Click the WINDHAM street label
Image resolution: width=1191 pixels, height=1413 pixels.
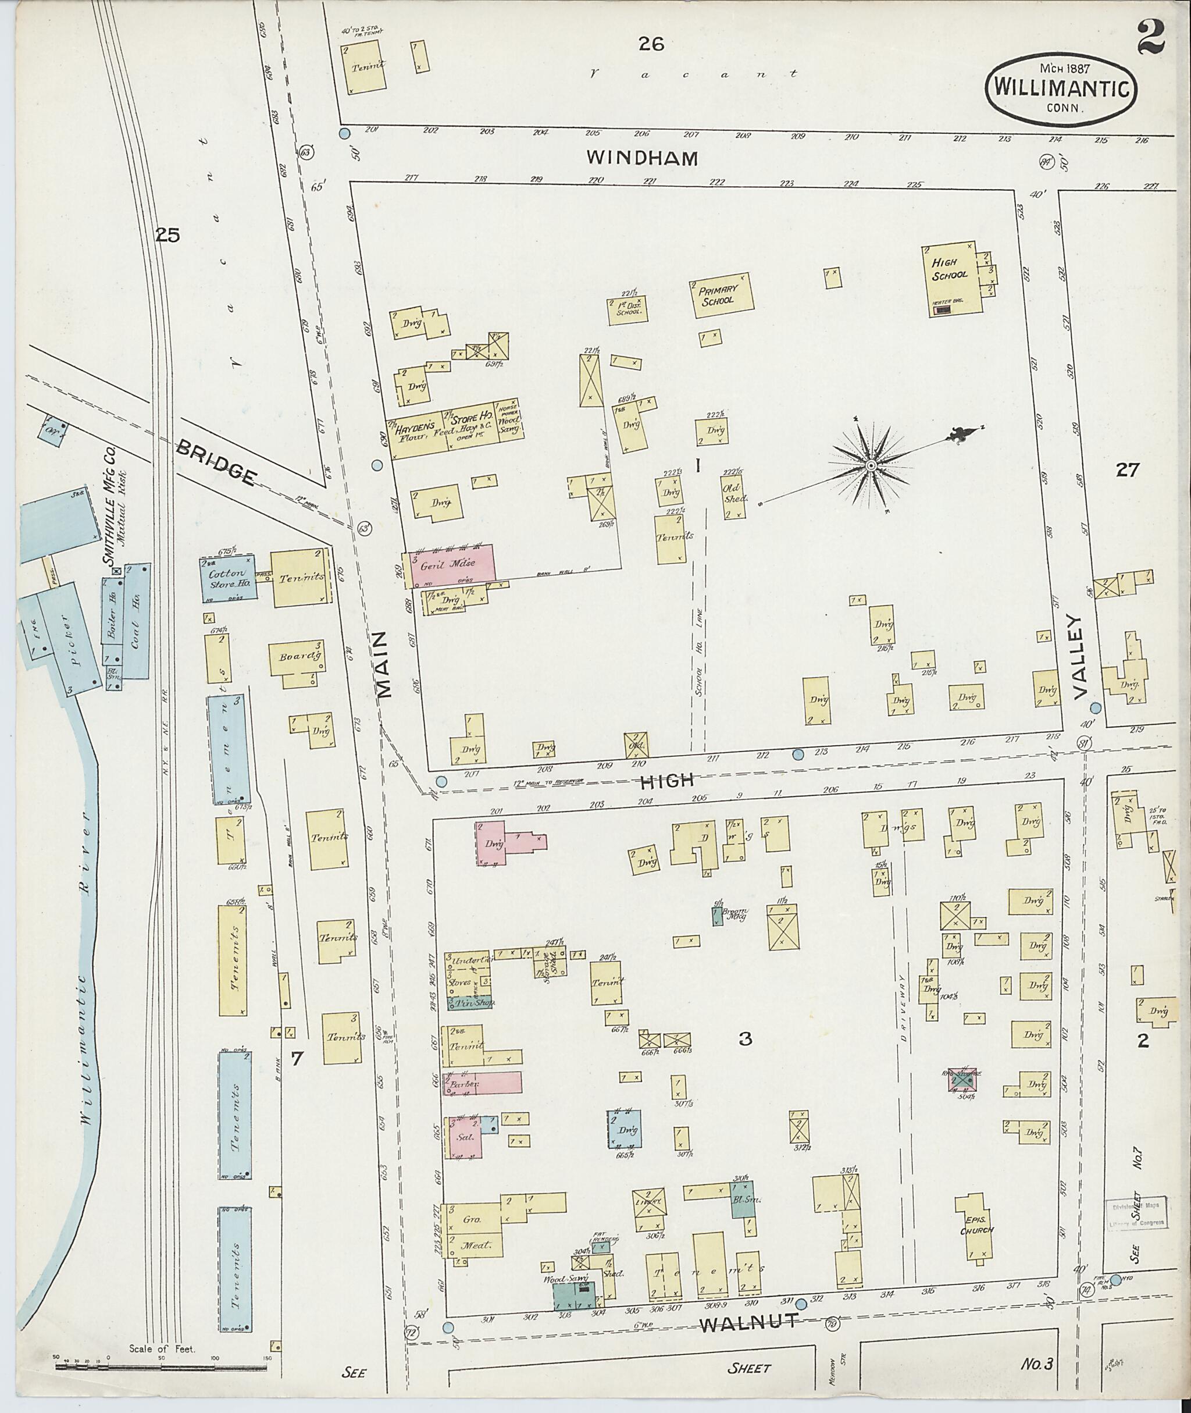(x=641, y=158)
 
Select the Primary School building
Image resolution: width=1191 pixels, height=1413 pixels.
(x=720, y=294)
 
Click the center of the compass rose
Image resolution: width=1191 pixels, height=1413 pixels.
(x=871, y=466)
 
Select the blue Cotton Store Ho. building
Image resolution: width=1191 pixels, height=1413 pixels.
(x=227, y=578)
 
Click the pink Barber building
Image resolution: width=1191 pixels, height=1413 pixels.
(x=482, y=1083)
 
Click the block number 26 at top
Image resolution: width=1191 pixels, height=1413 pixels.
(x=651, y=45)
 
